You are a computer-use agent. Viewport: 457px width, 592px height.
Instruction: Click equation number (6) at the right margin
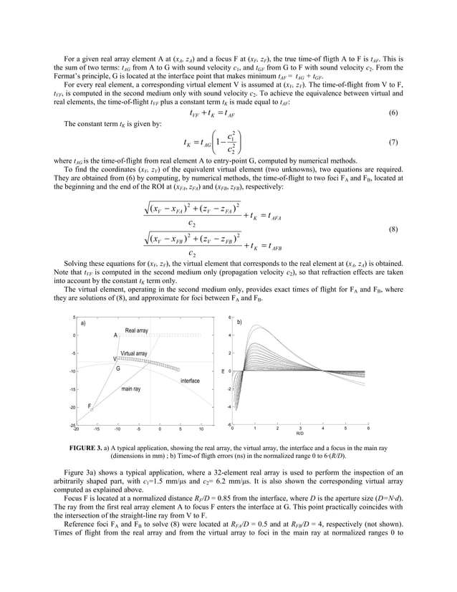pyautogui.click(x=393, y=114)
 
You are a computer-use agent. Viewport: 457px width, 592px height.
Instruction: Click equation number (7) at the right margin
pyautogui.click(x=393, y=142)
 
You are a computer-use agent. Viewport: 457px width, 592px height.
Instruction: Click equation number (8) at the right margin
pyautogui.click(x=393, y=229)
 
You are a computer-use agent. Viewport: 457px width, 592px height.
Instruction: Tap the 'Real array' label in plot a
pyautogui.click(x=136, y=330)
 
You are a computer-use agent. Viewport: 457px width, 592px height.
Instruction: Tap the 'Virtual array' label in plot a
pyautogui.click(x=134, y=353)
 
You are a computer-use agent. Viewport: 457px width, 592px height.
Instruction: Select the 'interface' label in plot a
pyautogui.click(x=190, y=381)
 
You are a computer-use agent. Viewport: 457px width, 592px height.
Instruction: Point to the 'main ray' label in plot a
pyautogui.click(x=130, y=388)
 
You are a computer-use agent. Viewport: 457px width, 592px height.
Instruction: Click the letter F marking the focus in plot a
pyautogui.click(x=90, y=406)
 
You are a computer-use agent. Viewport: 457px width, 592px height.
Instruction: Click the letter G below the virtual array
pyautogui.click(x=117, y=368)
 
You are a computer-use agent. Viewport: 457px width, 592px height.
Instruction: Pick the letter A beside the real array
pyautogui.click(x=115, y=335)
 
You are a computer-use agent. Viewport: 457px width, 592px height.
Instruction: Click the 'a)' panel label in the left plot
pyautogui.click(x=82, y=323)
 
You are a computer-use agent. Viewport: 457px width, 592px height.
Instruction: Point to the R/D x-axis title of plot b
pyautogui.click(x=299, y=434)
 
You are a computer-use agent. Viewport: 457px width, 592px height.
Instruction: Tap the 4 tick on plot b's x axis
pyautogui.click(x=322, y=429)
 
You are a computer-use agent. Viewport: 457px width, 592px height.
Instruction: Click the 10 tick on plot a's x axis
pyautogui.click(x=201, y=430)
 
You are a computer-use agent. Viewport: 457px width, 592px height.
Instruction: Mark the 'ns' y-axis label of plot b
pyautogui.click(x=222, y=371)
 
